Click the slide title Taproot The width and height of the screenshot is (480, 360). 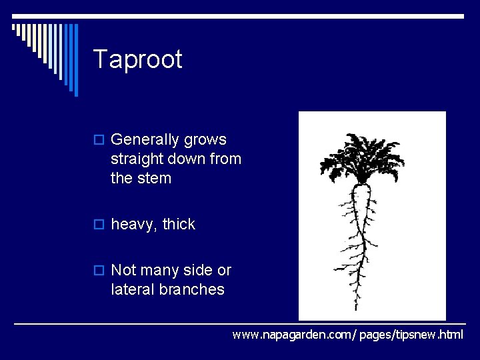(x=137, y=60)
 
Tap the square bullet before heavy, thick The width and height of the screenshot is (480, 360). (x=99, y=225)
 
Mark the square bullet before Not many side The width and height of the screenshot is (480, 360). (x=99, y=271)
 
